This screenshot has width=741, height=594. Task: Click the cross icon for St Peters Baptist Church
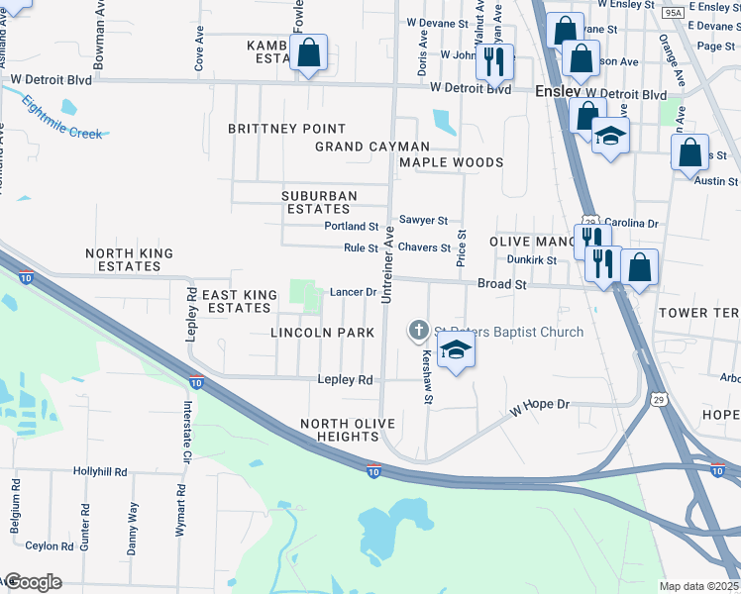pos(418,332)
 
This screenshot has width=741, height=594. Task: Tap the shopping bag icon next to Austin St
pos(689,153)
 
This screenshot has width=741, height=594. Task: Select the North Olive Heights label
pos(348,432)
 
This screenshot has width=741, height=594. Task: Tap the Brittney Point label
pos(287,129)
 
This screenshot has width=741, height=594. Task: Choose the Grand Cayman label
pos(372,147)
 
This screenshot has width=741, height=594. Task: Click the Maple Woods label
pos(451,162)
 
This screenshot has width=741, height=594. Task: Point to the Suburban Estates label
pos(318,203)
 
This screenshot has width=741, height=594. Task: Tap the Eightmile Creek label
pos(61,117)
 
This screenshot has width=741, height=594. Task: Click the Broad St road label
pos(501,284)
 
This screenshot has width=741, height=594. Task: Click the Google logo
pos(32,582)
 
